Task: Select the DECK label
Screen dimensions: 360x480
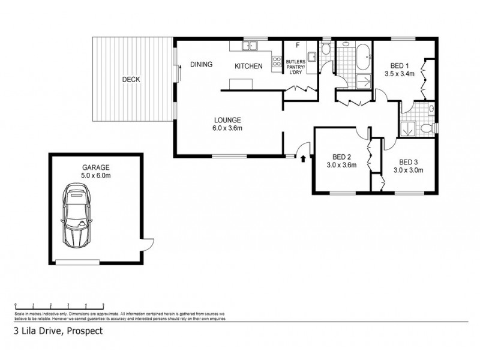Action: click(131, 79)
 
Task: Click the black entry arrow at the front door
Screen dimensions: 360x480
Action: click(303, 159)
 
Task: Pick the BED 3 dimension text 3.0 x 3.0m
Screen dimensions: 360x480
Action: click(408, 170)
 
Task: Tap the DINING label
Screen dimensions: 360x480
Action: click(201, 65)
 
